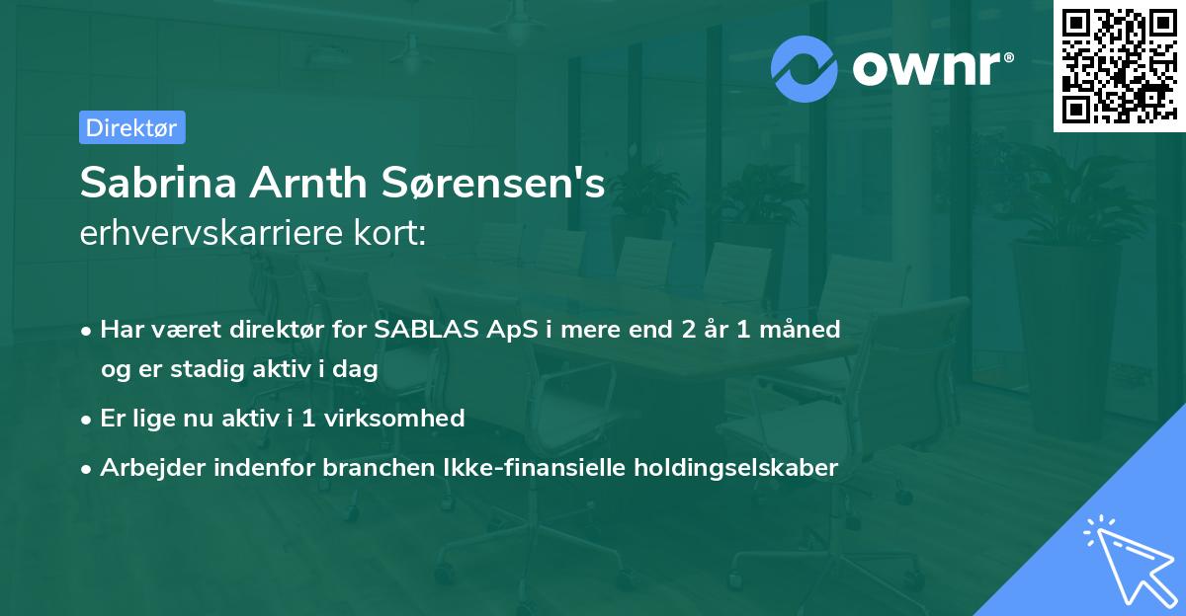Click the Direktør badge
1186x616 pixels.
(x=131, y=127)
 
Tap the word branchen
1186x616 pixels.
(x=370, y=468)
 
